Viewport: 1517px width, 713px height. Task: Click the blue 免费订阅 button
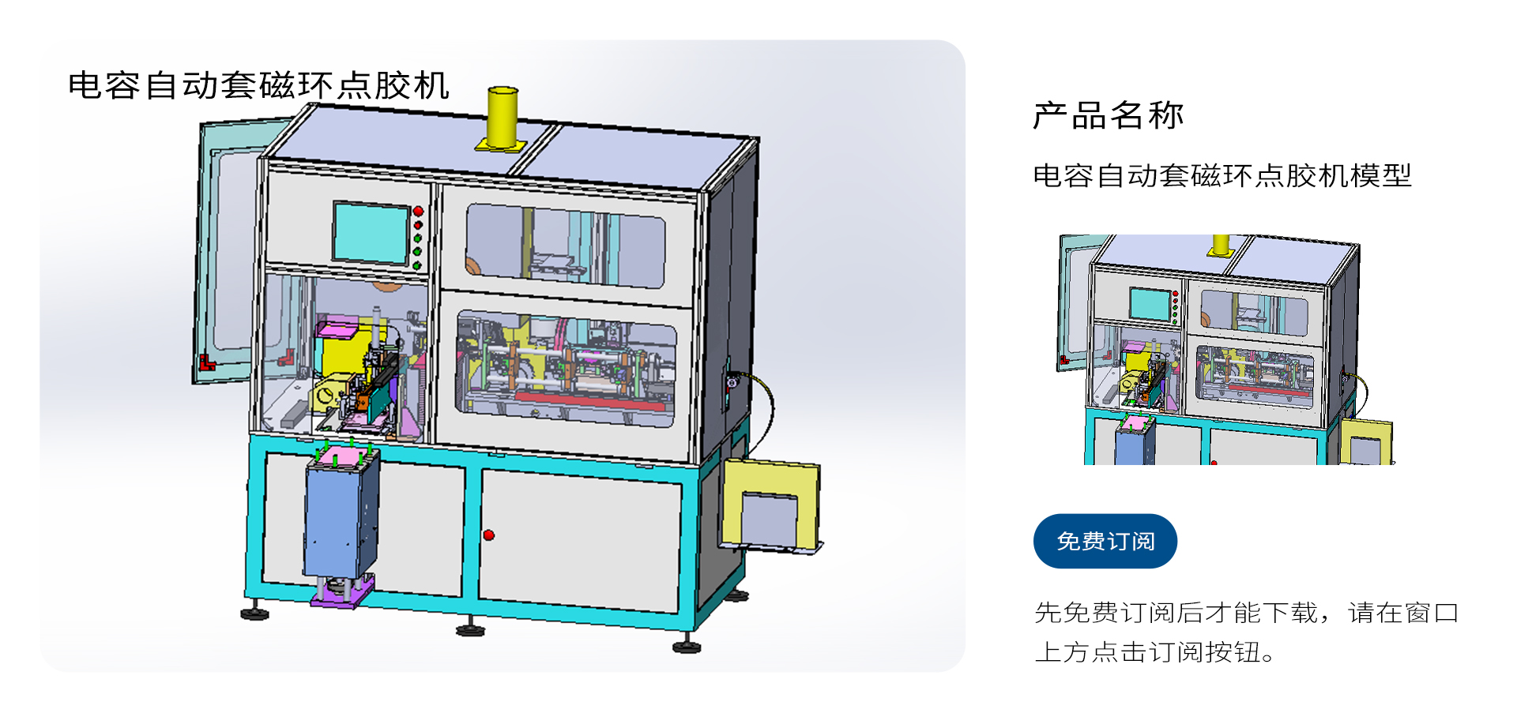point(1105,541)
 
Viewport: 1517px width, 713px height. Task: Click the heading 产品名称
point(1108,115)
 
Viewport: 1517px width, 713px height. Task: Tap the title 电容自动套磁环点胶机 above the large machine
point(258,85)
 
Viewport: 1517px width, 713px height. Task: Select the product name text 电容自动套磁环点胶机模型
point(1222,175)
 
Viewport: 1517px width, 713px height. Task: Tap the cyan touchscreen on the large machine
point(371,232)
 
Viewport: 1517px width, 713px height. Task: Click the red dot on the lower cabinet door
point(489,535)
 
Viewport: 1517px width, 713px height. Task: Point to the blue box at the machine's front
point(340,517)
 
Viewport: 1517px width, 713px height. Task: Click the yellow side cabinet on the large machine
point(770,505)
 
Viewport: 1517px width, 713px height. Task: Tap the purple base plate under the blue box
point(341,592)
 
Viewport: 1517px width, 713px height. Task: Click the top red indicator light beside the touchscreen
point(418,211)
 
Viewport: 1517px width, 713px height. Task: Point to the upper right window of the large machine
point(565,245)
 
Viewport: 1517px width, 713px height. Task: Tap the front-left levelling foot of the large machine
point(254,614)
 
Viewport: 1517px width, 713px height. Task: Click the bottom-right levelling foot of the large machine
point(686,647)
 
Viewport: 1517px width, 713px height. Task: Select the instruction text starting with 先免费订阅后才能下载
point(1246,632)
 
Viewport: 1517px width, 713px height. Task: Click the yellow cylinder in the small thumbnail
point(1221,245)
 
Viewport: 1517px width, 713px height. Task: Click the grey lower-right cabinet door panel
point(581,541)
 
